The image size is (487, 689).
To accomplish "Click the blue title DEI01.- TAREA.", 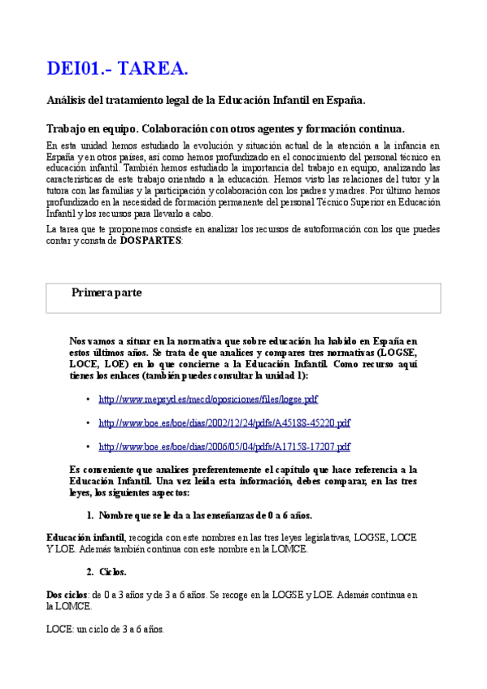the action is click(x=117, y=69).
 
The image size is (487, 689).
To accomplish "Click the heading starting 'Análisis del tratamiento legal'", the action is click(x=206, y=101).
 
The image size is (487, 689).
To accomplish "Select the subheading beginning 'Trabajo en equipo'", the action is click(x=225, y=128).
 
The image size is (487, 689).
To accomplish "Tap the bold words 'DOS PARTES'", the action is click(x=151, y=240).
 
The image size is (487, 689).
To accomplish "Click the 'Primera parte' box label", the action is click(x=107, y=292).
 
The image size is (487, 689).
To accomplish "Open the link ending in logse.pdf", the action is click(x=208, y=400).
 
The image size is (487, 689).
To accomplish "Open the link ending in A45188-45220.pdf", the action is click(x=224, y=423).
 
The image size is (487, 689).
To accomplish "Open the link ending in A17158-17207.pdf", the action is click(x=224, y=447).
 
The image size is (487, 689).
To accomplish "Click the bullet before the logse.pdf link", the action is click(x=88, y=400).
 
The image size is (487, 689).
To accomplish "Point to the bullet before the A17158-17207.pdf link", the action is click(x=88, y=447).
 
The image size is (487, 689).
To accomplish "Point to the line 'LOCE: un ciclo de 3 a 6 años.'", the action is click(x=105, y=629).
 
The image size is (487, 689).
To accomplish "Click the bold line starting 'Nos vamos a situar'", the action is click(x=243, y=342).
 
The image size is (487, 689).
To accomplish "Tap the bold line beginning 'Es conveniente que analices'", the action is click(x=243, y=470).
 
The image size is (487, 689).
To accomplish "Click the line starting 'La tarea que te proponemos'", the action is click(x=243, y=229).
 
